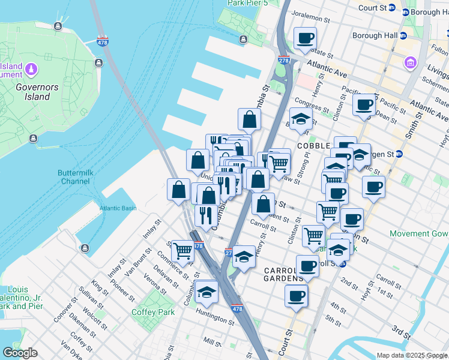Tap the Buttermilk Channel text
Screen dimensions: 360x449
[74, 177]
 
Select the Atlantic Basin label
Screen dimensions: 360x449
[118, 208]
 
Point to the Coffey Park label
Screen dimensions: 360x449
[152, 312]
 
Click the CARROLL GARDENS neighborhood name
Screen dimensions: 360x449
[284, 274]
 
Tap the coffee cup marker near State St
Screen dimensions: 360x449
[305, 38]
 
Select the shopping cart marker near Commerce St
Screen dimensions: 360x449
[182, 251]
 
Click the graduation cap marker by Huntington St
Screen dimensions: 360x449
[206, 292]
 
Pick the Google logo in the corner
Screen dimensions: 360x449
[20, 353]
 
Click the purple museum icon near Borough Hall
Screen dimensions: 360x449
[411, 62]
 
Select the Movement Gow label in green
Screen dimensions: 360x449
[418, 233]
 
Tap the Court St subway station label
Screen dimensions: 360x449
[372, 8]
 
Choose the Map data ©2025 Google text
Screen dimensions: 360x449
[411, 355]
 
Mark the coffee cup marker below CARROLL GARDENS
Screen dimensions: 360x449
[296, 295]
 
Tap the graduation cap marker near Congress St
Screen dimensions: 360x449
[301, 118]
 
